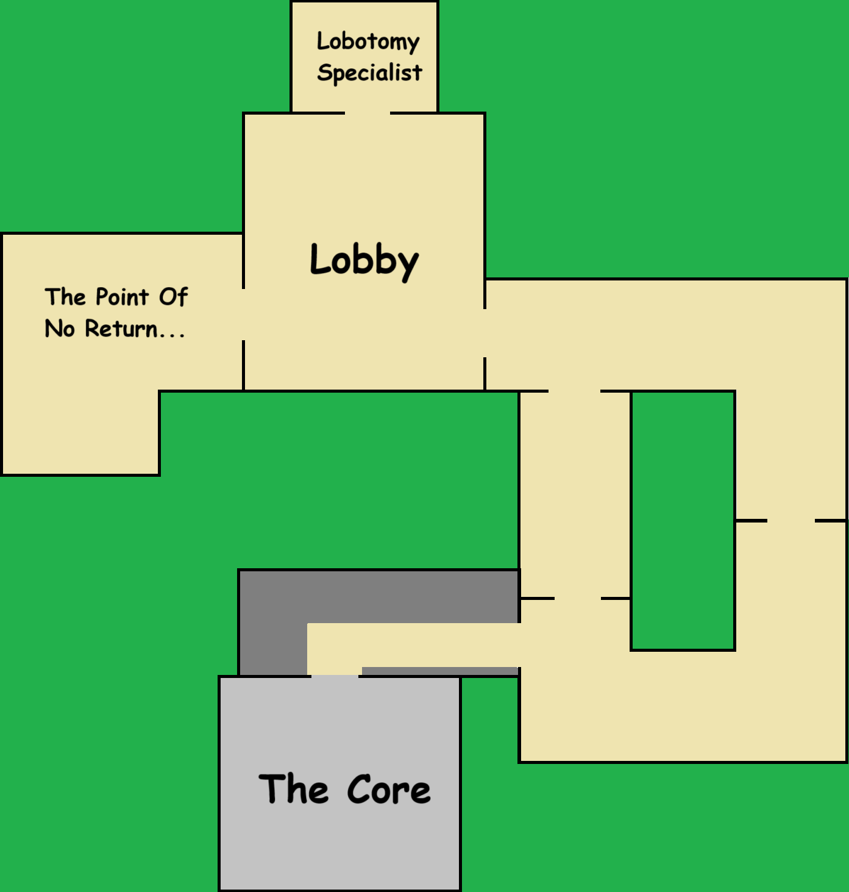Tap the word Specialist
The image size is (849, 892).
(x=369, y=73)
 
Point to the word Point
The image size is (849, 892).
(x=122, y=297)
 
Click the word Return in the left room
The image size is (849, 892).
(x=121, y=329)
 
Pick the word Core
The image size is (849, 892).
(x=388, y=790)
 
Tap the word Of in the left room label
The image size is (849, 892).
(x=173, y=297)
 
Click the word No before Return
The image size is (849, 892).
(x=60, y=329)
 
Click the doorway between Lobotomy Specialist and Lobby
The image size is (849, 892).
(x=368, y=113)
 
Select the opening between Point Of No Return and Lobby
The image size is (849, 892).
(x=244, y=315)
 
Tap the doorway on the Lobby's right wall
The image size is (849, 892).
(x=485, y=333)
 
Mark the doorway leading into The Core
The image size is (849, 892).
(x=335, y=676)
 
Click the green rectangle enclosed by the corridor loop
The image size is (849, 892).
(x=683, y=520)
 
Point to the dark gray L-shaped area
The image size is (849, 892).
(x=272, y=622)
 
